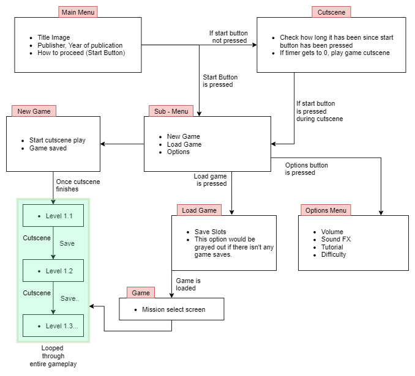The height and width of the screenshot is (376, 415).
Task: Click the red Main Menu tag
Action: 78,12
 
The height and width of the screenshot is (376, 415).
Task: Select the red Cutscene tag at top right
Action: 331,12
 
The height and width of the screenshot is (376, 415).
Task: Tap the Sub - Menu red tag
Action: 171,111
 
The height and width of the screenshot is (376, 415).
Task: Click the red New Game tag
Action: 34,111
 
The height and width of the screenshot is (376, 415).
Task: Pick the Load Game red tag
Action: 199,210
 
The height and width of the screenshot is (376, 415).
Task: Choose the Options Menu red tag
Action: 326,210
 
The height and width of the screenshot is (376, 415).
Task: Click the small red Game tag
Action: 141,293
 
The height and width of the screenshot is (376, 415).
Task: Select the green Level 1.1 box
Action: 53,216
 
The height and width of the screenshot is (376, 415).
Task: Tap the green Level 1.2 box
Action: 53,271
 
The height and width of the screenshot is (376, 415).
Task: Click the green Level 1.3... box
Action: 53,326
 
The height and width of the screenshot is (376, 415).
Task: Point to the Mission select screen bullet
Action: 173,309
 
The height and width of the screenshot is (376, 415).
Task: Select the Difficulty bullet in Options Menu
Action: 333,254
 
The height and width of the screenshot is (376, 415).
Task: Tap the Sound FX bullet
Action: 335,240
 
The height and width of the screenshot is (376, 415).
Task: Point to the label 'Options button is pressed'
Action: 306,169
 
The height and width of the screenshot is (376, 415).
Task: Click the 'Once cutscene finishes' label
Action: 77,185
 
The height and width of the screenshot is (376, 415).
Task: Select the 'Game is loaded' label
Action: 189,284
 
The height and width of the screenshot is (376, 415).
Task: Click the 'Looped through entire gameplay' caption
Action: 53,356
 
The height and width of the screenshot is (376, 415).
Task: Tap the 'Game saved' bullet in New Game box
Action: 49,148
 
